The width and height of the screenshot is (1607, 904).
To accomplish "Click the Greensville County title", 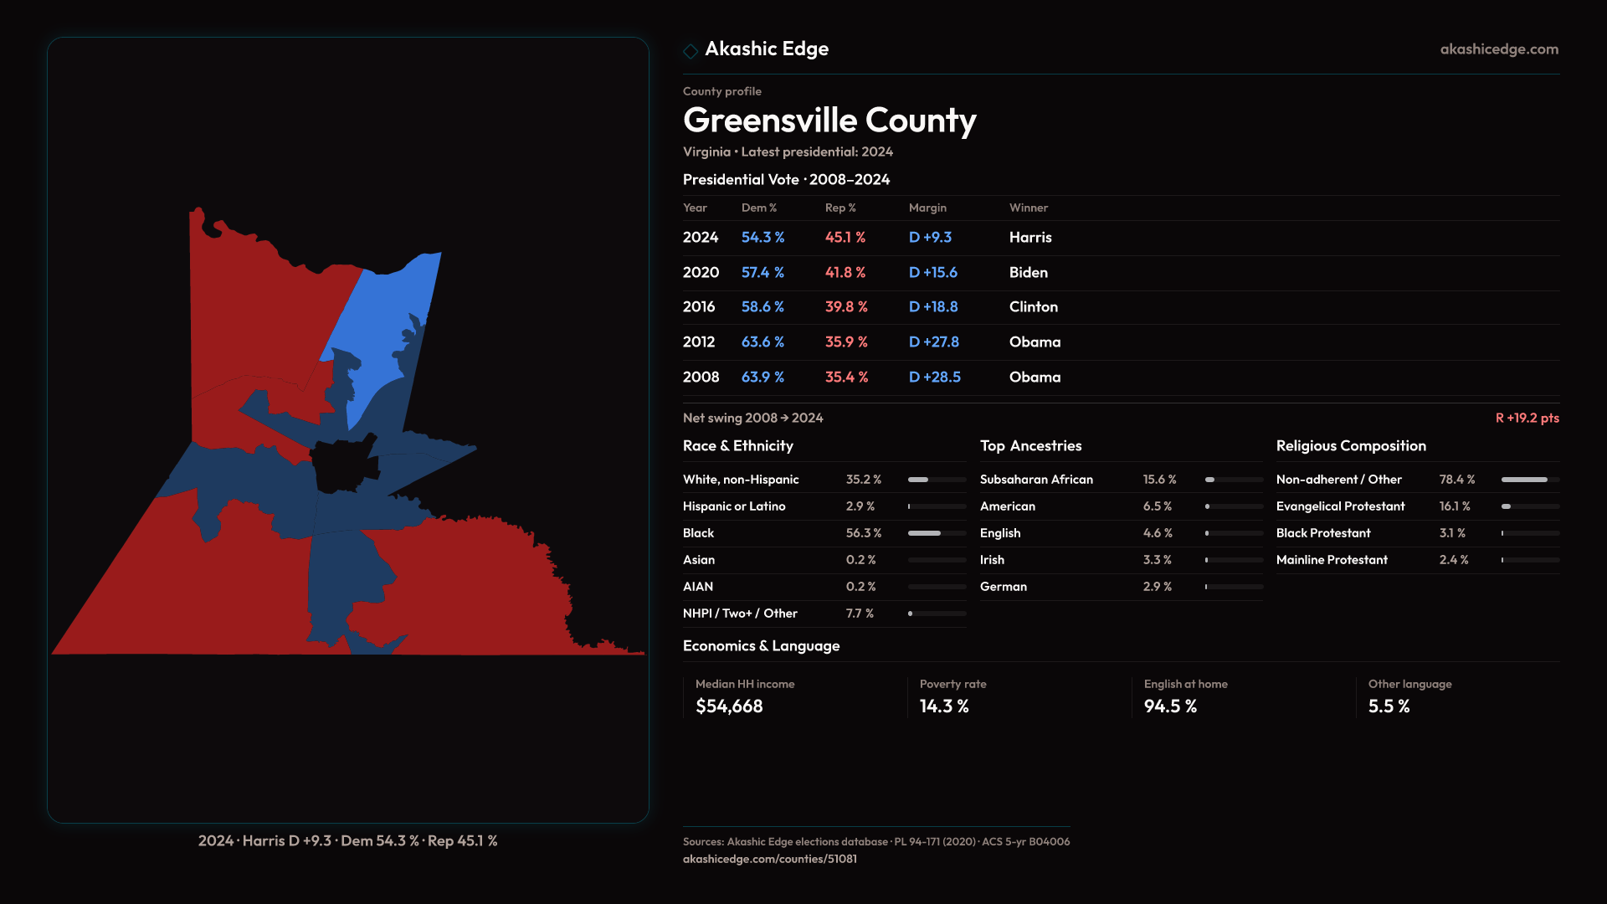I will coord(829,121).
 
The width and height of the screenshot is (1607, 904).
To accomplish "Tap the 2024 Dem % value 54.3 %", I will coord(762,238).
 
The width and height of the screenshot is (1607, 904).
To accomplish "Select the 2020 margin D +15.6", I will coord(932,273).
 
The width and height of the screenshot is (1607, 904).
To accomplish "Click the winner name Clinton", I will coord(1033,307).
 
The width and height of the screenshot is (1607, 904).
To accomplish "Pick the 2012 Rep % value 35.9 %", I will coord(846,342).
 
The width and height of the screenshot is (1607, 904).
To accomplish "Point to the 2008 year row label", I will coord(701,378).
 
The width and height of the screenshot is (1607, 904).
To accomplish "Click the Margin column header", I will coord(927,208).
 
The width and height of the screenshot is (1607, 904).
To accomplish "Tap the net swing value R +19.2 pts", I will coord(1527,418).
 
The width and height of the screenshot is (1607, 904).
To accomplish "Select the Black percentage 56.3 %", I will coord(863,533).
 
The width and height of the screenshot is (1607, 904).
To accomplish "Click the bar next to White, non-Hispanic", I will coord(937,480).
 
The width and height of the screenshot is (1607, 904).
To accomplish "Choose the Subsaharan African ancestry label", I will coord(1036,480).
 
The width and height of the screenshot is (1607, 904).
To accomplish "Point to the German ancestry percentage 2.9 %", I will coord(1157,587).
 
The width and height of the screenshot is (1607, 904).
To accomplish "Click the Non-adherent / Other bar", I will coord(1529,480).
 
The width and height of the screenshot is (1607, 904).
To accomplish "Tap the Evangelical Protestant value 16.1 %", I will coord(1454,506).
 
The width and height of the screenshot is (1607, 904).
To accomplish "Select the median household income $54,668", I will coord(729,706).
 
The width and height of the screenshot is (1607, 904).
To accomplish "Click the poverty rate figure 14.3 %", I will coord(944,706).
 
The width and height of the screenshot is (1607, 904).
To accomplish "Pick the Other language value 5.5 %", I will coord(1389,706).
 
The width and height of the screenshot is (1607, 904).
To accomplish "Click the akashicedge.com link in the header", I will coord(1499,49).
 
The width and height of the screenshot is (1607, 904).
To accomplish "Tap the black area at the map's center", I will coord(341,465).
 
